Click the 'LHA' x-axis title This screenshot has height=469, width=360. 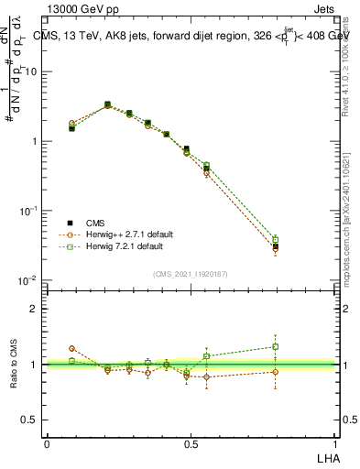point(326,457)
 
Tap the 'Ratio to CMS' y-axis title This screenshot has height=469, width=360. point(13,365)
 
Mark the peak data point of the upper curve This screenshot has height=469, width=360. point(107,104)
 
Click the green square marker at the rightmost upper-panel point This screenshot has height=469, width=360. point(276,239)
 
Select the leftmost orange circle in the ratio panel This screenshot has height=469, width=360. point(72,348)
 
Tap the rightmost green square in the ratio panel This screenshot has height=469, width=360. point(276,346)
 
